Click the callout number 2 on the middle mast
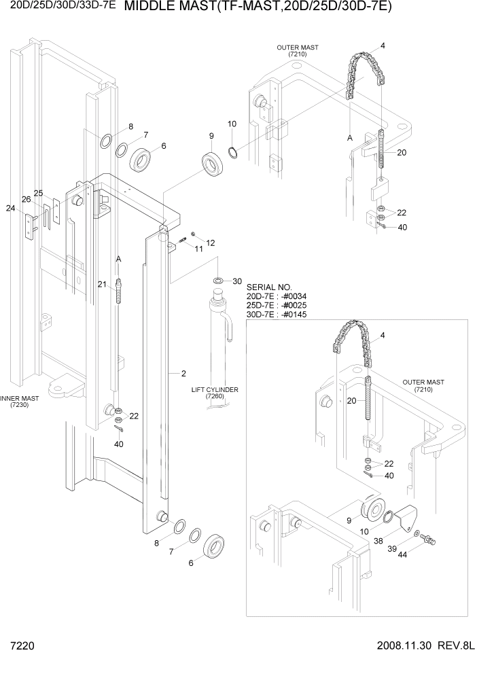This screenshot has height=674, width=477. [183, 373]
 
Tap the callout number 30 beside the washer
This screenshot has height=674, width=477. [237, 281]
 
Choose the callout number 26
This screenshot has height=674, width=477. [26, 200]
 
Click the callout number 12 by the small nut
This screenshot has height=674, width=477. [210, 243]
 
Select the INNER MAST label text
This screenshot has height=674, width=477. [16, 399]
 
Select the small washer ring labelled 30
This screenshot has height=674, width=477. [218, 280]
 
